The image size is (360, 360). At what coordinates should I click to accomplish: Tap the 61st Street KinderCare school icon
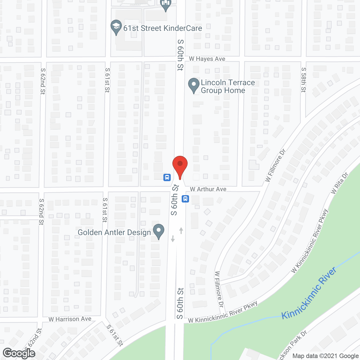[x=116, y=27]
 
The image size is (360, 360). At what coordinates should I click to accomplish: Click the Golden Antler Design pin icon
[x=159, y=231]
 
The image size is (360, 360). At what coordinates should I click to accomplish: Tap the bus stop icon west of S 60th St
[x=167, y=177]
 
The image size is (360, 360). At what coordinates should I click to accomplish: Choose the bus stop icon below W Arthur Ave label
[x=185, y=199]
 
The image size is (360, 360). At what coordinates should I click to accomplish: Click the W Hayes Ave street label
[x=207, y=59]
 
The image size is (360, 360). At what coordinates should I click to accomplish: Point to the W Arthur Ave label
[x=208, y=189]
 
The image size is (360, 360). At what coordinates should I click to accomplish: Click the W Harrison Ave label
[x=70, y=319]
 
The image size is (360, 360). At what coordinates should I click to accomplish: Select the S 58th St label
[x=303, y=80]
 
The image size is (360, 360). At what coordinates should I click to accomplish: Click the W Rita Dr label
[x=339, y=183]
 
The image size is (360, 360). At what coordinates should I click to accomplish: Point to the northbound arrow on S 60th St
[x=181, y=231]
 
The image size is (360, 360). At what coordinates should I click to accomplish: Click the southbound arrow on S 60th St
[x=173, y=238]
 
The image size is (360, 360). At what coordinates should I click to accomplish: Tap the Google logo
[x=19, y=353]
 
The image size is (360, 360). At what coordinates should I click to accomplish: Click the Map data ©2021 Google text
[x=325, y=356]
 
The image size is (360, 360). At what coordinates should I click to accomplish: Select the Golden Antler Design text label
[x=114, y=233]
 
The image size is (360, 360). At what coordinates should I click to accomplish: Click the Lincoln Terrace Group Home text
[x=227, y=86]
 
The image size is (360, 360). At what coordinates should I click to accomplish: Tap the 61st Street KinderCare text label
[x=163, y=28]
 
